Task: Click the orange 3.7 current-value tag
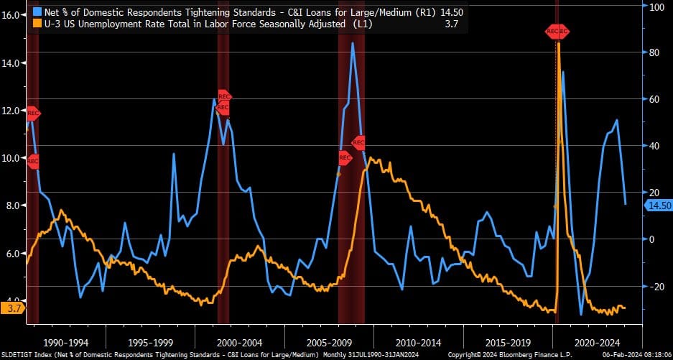click(13, 308)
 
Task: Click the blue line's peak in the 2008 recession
click(352, 43)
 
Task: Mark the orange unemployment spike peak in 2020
click(558, 45)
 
